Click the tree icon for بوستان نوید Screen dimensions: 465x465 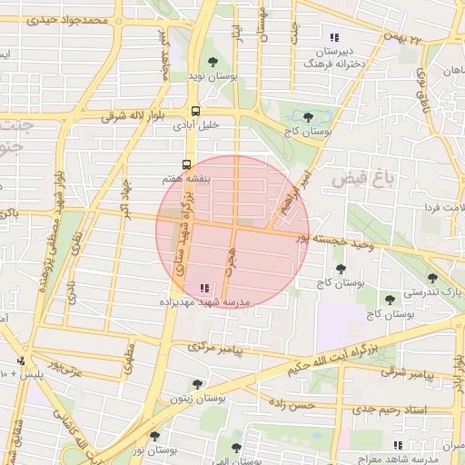(213, 63)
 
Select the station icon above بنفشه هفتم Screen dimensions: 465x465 (186, 165)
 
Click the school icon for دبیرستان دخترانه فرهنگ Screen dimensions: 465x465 (334, 38)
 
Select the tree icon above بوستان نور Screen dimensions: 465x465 (153, 437)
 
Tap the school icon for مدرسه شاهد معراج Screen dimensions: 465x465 (397, 445)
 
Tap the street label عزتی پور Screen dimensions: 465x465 (64, 366)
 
